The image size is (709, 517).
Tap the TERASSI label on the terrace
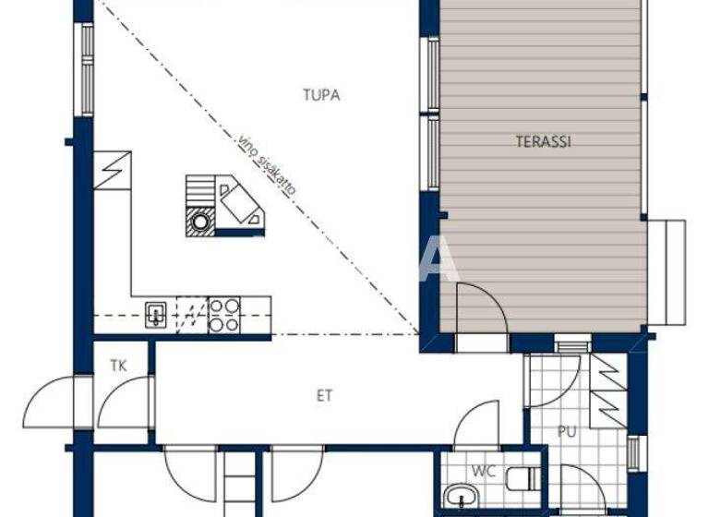click(543, 142)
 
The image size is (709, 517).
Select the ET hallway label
click(324, 396)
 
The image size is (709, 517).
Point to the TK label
click(118, 364)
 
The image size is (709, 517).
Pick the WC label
click(484, 472)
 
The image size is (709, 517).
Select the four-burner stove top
click(224, 314)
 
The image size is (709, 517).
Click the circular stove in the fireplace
click(199, 221)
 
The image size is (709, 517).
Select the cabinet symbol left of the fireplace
click(115, 169)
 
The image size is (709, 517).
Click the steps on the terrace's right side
click(667, 272)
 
